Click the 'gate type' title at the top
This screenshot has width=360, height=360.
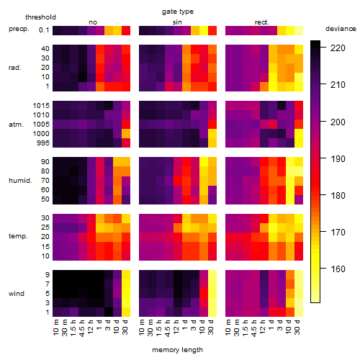(x=178, y=12)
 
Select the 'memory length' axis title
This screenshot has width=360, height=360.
(x=177, y=350)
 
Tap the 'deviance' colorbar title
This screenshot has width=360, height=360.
(x=341, y=29)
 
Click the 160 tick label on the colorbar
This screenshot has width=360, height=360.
(x=338, y=269)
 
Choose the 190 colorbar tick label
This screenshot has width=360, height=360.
(x=338, y=159)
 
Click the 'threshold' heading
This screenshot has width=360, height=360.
(x=40, y=17)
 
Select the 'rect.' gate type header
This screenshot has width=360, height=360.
(x=261, y=22)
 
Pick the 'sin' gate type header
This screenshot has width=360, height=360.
(x=177, y=22)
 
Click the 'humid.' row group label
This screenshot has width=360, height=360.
(x=20, y=181)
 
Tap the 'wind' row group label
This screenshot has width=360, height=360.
(x=17, y=294)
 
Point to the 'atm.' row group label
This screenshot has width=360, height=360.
(x=16, y=125)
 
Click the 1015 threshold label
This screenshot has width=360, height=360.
(x=41, y=106)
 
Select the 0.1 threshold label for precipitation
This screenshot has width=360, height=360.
(x=44, y=30)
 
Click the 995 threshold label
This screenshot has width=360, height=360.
(x=43, y=143)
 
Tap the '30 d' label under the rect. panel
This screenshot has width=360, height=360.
(x=297, y=327)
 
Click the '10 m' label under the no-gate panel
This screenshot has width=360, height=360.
(x=55, y=327)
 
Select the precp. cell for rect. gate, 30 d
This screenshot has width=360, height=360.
(x=299, y=30)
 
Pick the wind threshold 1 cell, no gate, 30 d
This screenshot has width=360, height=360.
(x=126, y=312)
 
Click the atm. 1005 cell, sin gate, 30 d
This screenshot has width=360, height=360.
(x=212, y=125)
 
